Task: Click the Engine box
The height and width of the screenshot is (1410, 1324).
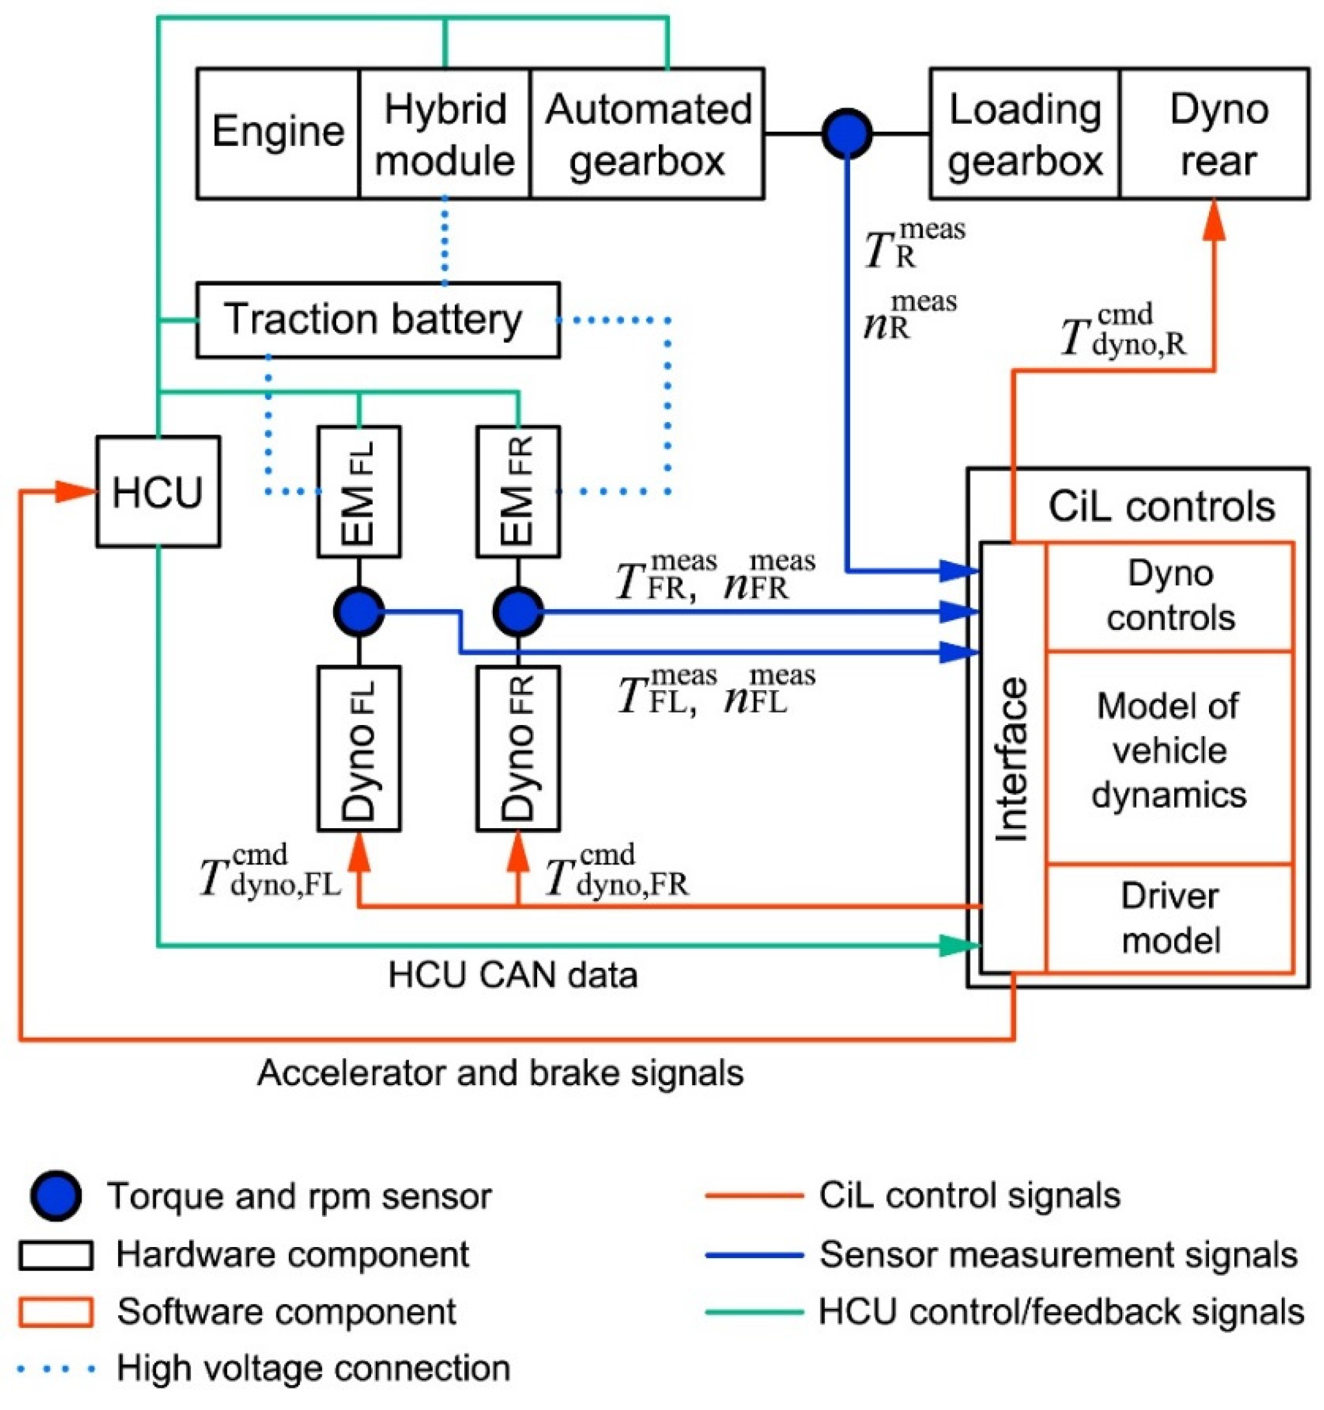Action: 277,133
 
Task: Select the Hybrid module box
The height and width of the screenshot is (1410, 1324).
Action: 444,133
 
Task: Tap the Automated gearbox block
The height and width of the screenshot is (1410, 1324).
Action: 647,133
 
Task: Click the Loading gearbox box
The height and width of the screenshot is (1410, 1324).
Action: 1025,133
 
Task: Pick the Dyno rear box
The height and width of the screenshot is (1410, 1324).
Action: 1215,133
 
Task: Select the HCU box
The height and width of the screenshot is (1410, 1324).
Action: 158,491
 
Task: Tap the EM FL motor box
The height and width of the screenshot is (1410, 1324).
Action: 359,491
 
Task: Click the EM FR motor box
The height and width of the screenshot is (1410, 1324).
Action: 518,491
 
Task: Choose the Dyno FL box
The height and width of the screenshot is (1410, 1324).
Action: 359,748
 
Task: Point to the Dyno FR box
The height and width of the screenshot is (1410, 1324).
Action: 518,748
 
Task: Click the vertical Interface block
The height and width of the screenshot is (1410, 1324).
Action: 1013,757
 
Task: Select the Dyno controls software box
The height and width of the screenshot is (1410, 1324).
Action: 1170,596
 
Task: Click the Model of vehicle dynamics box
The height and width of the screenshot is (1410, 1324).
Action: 1170,757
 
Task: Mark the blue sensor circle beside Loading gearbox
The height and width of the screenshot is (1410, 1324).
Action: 847,133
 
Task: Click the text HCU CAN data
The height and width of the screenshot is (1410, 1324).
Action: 513,975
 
